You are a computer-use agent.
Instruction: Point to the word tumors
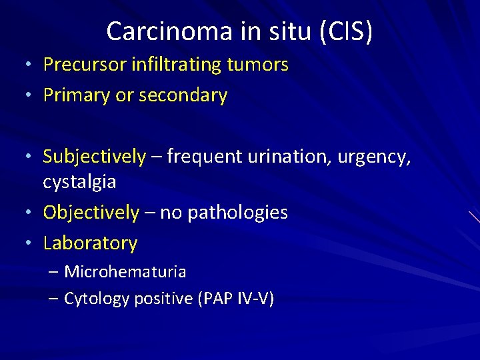pyautogui.click(x=258, y=65)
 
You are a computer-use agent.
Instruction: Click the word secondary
pyautogui.click(x=184, y=95)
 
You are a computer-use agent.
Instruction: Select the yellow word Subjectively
pyautogui.click(x=94, y=157)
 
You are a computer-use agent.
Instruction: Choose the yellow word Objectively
pyautogui.click(x=91, y=213)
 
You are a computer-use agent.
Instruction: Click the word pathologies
pyautogui.click(x=238, y=213)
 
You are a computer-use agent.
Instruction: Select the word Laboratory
pyautogui.click(x=90, y=243)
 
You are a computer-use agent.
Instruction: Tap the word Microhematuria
pyautogui.click(x=125, y=272)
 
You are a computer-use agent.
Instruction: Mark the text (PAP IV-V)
pyautogui.click(x=236, y=299)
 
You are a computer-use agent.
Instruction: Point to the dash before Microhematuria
pyautogui.click(x=54, y=272)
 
